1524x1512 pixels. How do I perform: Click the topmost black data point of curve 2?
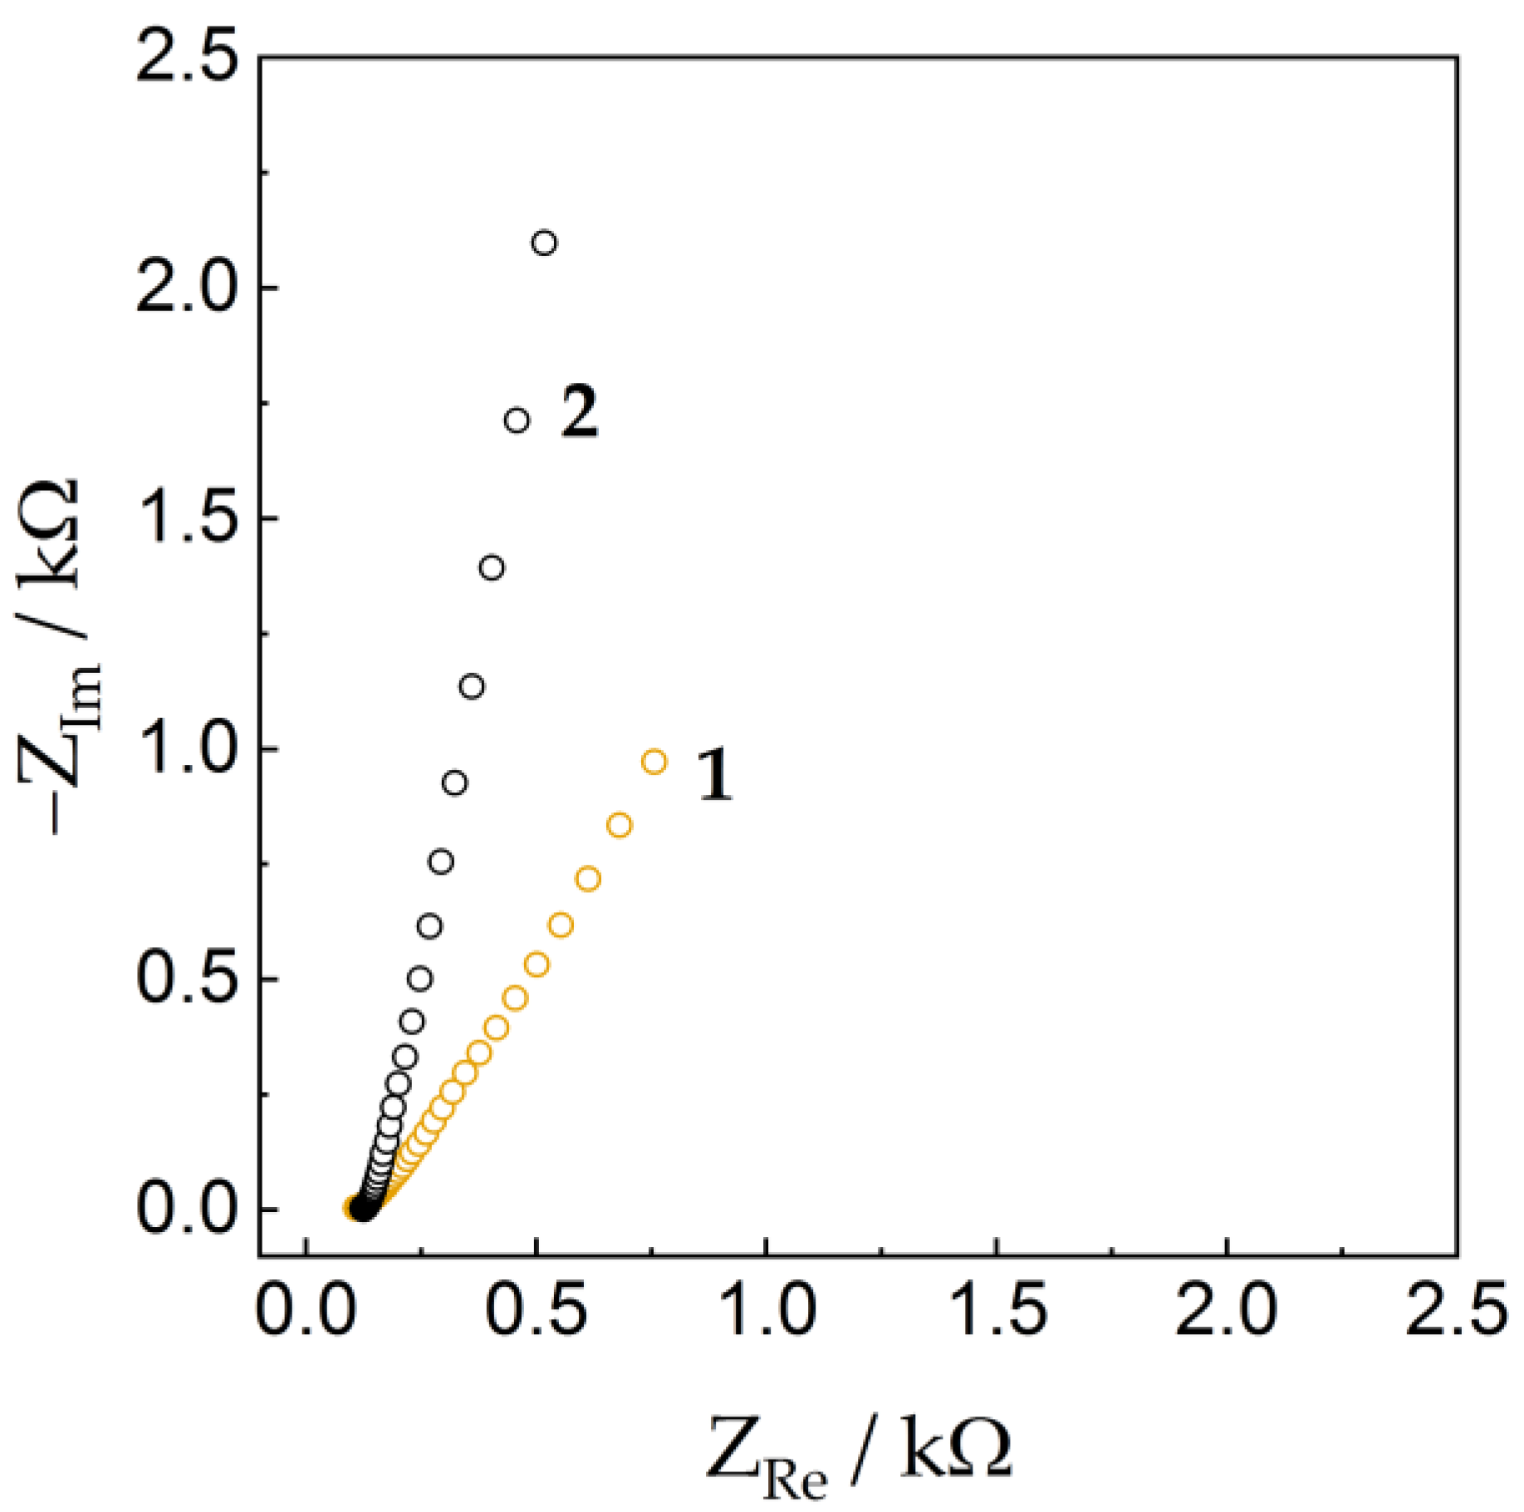click(544, 243)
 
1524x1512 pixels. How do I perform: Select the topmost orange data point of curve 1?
click(654, 762)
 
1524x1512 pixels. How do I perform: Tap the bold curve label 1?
click(714, 774)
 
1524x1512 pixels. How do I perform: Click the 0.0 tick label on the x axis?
click(306, 1311)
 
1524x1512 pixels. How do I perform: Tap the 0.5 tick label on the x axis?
click(537, 1311)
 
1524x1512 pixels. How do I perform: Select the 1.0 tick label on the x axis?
click(767, 1311)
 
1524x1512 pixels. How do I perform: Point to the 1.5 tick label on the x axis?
click(997, 1311)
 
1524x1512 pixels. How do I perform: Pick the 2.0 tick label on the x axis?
click(1227, 1311)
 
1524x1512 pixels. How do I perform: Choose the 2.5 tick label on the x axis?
click(1455, 1311)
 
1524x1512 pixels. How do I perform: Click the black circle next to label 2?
click(517, 420)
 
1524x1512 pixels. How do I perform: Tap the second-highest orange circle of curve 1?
click(619, 825)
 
